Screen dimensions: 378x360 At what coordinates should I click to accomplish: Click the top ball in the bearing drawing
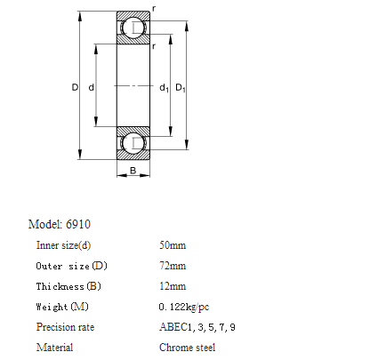pyautogui.click(x=133, y=28)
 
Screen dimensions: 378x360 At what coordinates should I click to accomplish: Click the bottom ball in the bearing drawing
pyautogui.click(x=133, y=143)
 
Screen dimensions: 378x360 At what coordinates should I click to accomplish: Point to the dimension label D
pyautogui.click(x=75, y=87)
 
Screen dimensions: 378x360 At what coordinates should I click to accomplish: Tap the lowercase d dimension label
pyautogui.click(x=92, y=87)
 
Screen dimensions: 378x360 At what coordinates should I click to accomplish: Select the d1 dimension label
pyautogui.click(x=164, y=88)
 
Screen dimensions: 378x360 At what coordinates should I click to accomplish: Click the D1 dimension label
pyautogui.click(x=181, y=88)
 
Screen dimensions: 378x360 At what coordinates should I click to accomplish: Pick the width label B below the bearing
pyautogui.click(x=133, y=171)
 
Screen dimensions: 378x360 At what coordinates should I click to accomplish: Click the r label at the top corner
pyautogui.click(x=154, y=9)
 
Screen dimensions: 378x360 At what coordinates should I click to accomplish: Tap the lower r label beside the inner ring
pyautogui.click(x=154, y=46)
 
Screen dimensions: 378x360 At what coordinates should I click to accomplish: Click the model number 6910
pyautogui.click(x=78, y=224)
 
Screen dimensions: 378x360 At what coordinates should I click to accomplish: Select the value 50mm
pyautogui.click(x=173, y=245)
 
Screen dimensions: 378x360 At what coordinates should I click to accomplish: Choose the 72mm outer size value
pyautogui.click(x=173, y=266)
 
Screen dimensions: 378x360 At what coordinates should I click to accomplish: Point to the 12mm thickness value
pyautogui.click(x=173, y=286)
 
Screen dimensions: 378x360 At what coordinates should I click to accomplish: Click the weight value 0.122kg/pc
pyautogui.click(x=184, y=307)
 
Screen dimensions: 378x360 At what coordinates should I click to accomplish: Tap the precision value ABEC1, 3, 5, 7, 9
pyautogui.click(x=197, y=327)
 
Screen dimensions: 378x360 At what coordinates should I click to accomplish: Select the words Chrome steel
pyautogui.click(x=187, y=348)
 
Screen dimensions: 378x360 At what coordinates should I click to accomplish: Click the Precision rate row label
pyautogui.click(x=65, y=327)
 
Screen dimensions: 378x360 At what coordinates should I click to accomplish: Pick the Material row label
pyautogui.click(x=54, y=348)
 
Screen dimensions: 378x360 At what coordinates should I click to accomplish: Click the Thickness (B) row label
pyautogui.click(x=68, y=286)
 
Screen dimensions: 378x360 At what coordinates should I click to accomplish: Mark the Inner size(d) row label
pyautogui.click(x=63, y=245)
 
